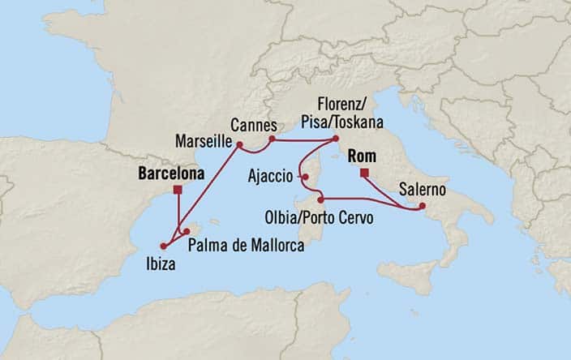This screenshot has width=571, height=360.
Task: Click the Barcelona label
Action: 171,173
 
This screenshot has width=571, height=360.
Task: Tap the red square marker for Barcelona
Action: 178,190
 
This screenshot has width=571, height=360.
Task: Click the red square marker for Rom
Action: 365,173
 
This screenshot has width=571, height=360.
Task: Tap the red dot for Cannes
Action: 272,139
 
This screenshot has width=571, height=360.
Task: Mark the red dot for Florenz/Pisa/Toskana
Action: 336,139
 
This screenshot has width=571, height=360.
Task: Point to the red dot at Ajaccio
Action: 303,175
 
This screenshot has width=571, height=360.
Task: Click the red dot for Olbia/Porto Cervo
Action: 321,199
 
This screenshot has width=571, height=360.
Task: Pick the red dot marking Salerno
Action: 421,207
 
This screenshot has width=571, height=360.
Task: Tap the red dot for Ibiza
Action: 164,245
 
